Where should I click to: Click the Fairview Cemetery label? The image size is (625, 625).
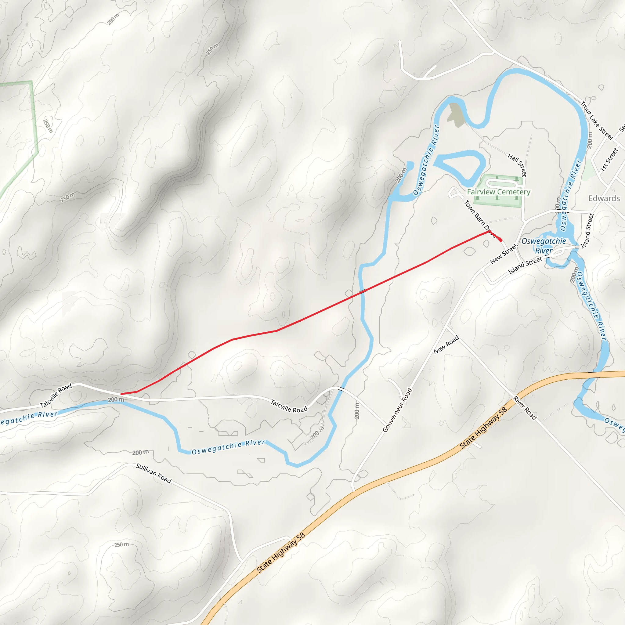(499, 192)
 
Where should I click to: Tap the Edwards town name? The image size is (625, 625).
(604, 198)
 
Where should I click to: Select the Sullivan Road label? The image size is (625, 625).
(154, 473)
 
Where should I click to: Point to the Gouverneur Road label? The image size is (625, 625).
(397, 410)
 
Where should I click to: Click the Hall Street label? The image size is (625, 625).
(517, 165)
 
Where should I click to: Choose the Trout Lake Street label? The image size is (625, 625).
(597, 121)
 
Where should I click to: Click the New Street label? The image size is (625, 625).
(504, 254)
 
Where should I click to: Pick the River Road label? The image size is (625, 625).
(525, 408)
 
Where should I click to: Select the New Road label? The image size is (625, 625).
(446, 345)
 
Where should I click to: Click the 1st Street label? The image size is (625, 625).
(609, 159)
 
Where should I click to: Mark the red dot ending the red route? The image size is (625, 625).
(500, 240)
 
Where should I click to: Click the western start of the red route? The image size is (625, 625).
(121, 394)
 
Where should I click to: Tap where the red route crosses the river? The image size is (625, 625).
(363, 291)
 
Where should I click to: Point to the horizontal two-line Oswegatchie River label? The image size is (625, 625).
(544, 246)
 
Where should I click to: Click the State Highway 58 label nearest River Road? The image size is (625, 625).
(483, 428)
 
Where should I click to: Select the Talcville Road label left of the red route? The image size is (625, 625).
(56, 396)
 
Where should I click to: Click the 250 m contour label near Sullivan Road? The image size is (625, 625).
(121, 545)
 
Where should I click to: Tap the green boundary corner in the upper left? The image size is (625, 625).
(32, 81)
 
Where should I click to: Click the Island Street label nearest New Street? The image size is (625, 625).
(525, 266)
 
